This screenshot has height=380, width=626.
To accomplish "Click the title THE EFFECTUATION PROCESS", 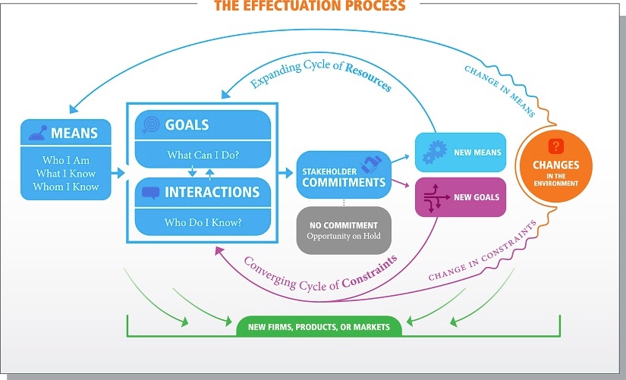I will [x=310, y=6].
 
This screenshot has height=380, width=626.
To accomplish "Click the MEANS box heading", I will [x=74, y=133].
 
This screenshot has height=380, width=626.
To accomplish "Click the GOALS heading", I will [x=186, y=125].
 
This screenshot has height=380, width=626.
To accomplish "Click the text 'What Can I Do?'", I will [x=203, y=155].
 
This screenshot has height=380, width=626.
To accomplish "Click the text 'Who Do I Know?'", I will [x=203, y=223].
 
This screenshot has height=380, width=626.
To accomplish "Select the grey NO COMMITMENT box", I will [x=343, y=230].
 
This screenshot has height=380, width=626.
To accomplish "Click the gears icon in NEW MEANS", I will [x=434, y=152].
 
